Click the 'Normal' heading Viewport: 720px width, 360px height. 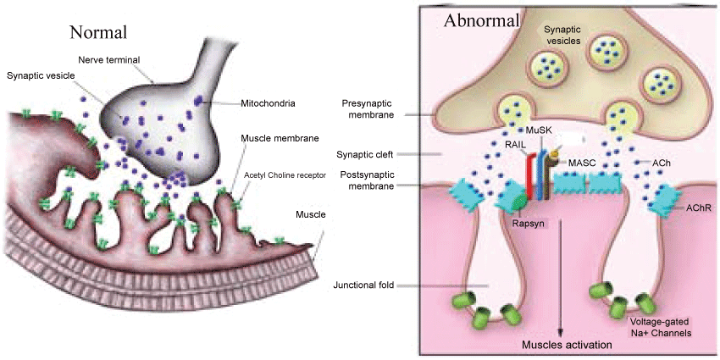[99, 33]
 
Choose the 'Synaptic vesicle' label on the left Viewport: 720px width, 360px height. [41, 75]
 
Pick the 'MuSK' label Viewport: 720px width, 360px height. [540, 130]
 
